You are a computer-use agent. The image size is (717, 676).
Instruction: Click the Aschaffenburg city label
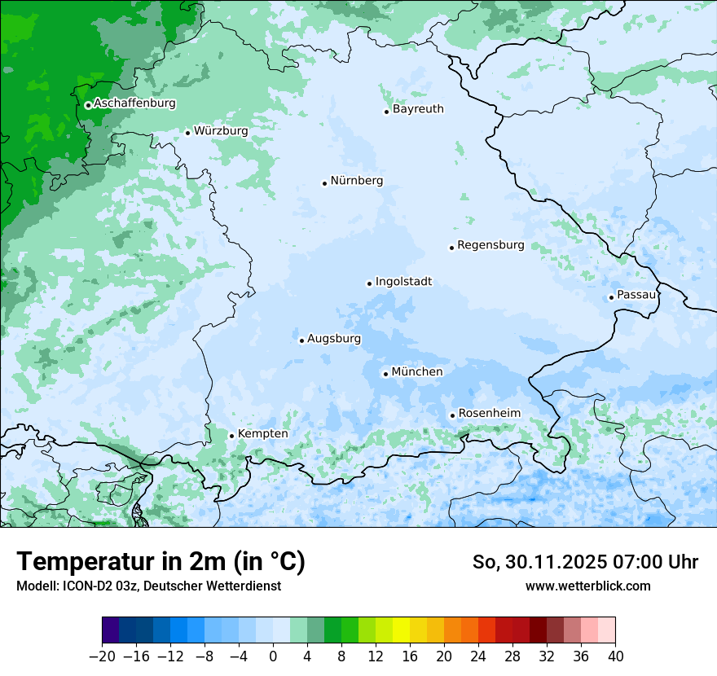(134, 103)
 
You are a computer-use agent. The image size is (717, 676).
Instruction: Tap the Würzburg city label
(221, 130)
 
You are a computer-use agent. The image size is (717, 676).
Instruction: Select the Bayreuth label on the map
(418, 109)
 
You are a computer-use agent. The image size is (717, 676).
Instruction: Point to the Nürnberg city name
(356, 181)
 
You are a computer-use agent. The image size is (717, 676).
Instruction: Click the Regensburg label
(490, 245)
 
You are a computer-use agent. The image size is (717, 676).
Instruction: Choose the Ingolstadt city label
(403, 282)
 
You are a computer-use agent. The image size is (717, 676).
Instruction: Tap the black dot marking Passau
(611, 297)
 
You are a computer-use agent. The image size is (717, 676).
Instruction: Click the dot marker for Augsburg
(301, 340)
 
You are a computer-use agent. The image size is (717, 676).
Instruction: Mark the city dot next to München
(385, 374)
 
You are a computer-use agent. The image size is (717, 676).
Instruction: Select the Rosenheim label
(489, 413)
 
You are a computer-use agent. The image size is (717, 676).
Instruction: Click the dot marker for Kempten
(231, 436)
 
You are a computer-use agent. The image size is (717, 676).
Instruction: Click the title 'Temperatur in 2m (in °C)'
(161, 562)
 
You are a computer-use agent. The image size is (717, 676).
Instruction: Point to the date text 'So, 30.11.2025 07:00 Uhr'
(585, 562)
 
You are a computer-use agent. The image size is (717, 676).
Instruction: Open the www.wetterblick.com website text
(587, 586)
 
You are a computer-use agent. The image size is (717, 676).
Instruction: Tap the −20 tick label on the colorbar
(102, 656)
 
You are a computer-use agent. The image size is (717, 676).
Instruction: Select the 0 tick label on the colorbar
(273, 656)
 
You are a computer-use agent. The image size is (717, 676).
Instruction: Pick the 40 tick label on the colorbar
(615, 656)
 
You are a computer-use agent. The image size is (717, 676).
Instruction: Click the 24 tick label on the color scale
(478, 656)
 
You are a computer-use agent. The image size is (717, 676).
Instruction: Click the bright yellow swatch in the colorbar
(401, 630)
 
